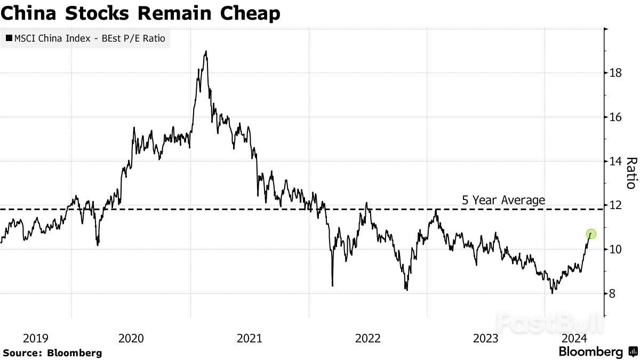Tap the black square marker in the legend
9,38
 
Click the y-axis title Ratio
631,173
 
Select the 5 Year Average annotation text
503,200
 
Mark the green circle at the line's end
591,234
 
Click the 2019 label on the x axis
36,338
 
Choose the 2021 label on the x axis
249,338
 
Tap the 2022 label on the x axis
367,338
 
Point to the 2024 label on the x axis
575,338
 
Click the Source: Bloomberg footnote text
52,353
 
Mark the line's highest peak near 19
206,52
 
